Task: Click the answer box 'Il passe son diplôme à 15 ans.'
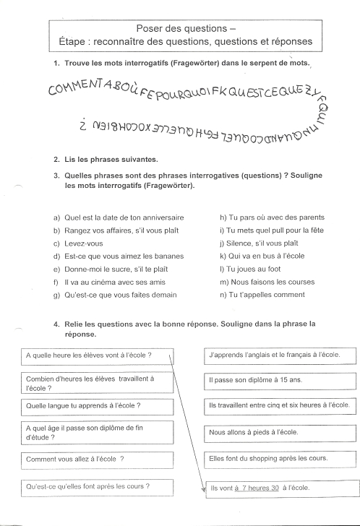coord(280,379)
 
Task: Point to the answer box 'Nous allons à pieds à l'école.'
coord(280,432)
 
